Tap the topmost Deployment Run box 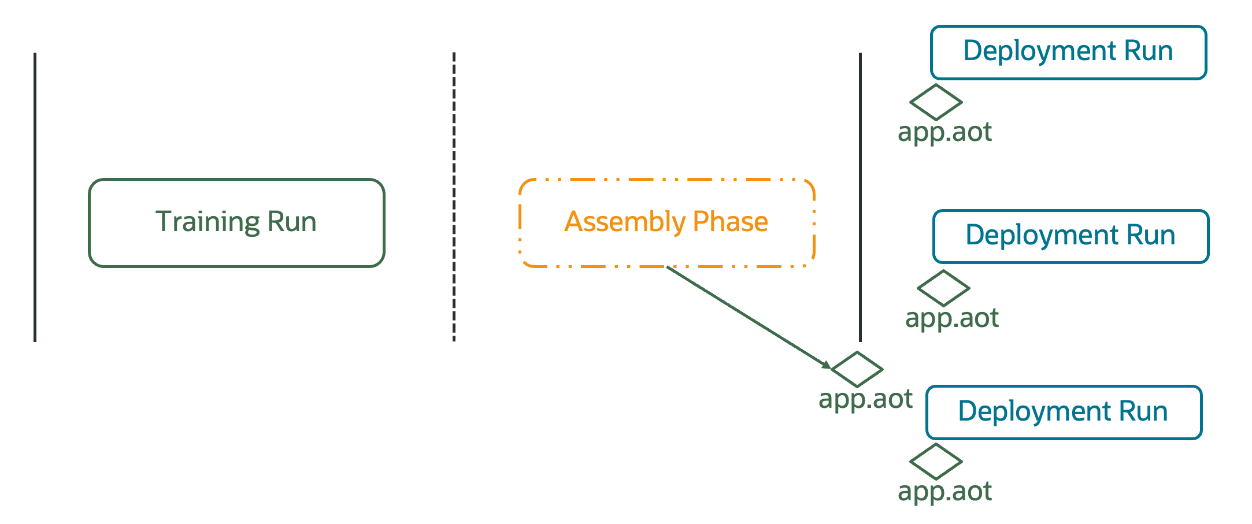click(1068, 52)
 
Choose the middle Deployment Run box click(1071, 236)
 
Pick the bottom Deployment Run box click(1064, 412)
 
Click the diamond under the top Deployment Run click(936, 102)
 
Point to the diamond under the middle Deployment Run click(943, 288)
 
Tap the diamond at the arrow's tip click(857, 369)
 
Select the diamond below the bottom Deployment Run click(936, 461)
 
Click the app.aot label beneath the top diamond click(944, 132)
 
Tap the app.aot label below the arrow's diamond click(865, 399)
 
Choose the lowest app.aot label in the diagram click(944, 492)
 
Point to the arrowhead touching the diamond click(827, 365)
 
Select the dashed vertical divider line click(454, 196)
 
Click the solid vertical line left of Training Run click(35, 196)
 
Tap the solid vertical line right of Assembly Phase click(860, 196)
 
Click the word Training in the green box click(201, 222)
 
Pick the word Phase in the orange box click(730, 222)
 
